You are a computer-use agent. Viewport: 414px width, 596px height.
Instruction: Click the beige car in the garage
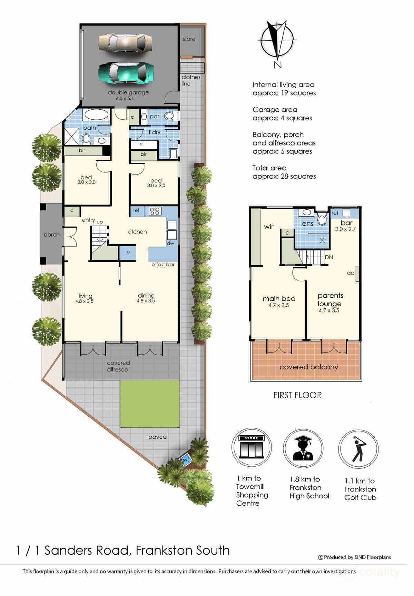(x=125, y=43)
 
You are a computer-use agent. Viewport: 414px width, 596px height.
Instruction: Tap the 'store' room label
(x=189, y=39)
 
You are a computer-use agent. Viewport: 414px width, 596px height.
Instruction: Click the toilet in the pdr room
(x=170, y=116)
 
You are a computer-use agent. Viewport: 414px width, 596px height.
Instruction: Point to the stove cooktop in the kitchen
(x=155, y=211)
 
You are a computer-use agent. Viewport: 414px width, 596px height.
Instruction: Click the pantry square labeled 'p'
(x=128, y=252)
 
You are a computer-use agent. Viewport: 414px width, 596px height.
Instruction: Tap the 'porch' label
(x=51, y=235)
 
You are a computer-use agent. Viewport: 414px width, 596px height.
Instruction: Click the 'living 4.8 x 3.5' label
(x=85, y=298)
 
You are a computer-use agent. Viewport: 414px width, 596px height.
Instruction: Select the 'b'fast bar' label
(x=163, y=265)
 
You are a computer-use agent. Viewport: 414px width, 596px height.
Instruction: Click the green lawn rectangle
(x=150, y=404)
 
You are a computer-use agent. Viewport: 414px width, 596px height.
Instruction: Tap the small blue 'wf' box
(x=186, y=460)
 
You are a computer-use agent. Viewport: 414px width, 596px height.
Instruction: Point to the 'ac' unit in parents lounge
(x=357, y=274)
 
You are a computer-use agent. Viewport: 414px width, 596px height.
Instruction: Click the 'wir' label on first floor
(x=269, y=227)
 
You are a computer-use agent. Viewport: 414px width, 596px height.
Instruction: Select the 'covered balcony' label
(x=308, y=367)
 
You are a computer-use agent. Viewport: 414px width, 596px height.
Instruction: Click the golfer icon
(x=358, y=449)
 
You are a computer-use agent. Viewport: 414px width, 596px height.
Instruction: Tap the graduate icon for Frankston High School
(x=303, y=449)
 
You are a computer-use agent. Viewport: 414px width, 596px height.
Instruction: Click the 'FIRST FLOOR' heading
(x=297, y=395)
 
